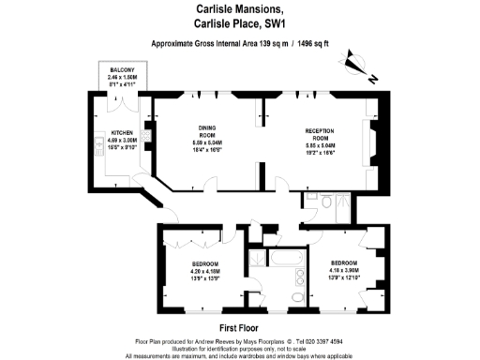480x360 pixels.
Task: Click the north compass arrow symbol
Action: pyautogui.click(x=355, y=64)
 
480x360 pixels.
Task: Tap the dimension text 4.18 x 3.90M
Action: pyautogui.click(x=343, y=270)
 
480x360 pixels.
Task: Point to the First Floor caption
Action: pyautogui.click(x=239, y=328)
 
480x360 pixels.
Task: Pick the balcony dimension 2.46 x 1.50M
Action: pyautogui.click(x=122, y=79)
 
